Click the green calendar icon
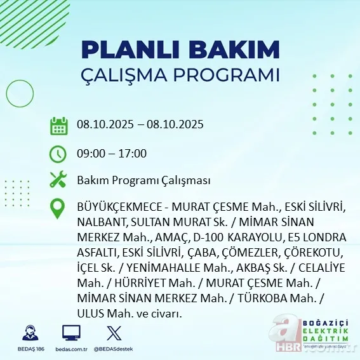[58, 125]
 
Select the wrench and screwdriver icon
[58, 180]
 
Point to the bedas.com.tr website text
[71, 349]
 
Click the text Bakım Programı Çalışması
[143, 180]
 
